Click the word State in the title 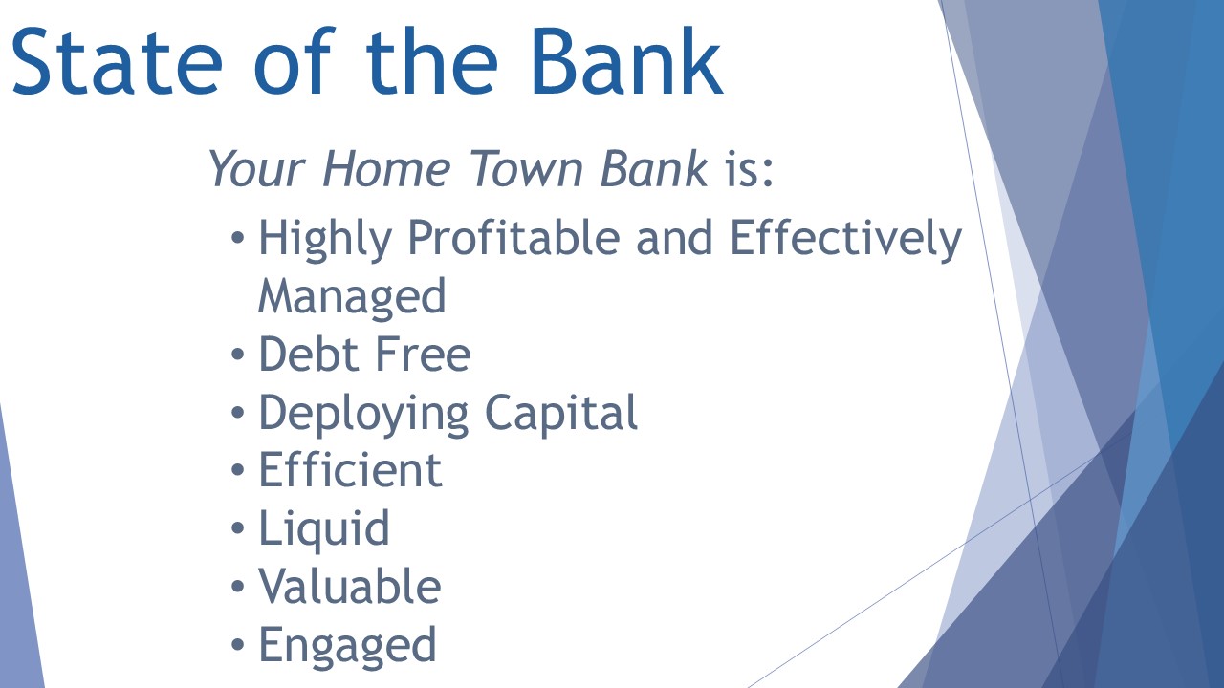pyautogui.click(x=117, y=62)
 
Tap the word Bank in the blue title pyautogui.click(x=627, y=60)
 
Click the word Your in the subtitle pyautogui.click(x=257, y=168)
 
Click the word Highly pyautogui.click(x=326, y=239)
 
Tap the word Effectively pyautogui.click(x=845, y=239)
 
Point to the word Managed pyautogui.click(x=352, y=296)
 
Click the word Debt pyautogui.click(x=308, y=354)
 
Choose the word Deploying pyautogui.click(x=363, y=414)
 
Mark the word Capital pyautogui.click(x=561, y=414)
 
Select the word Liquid pyautogui.click(x=324, y=529)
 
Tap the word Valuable pyautogui.click(x=350, y=586)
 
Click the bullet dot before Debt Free pyautogui.click(x=238, y=355)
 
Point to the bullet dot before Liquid pyautogui.click(x=238, y=528)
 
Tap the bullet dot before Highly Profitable pyautogui.click(x=238, y=238)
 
